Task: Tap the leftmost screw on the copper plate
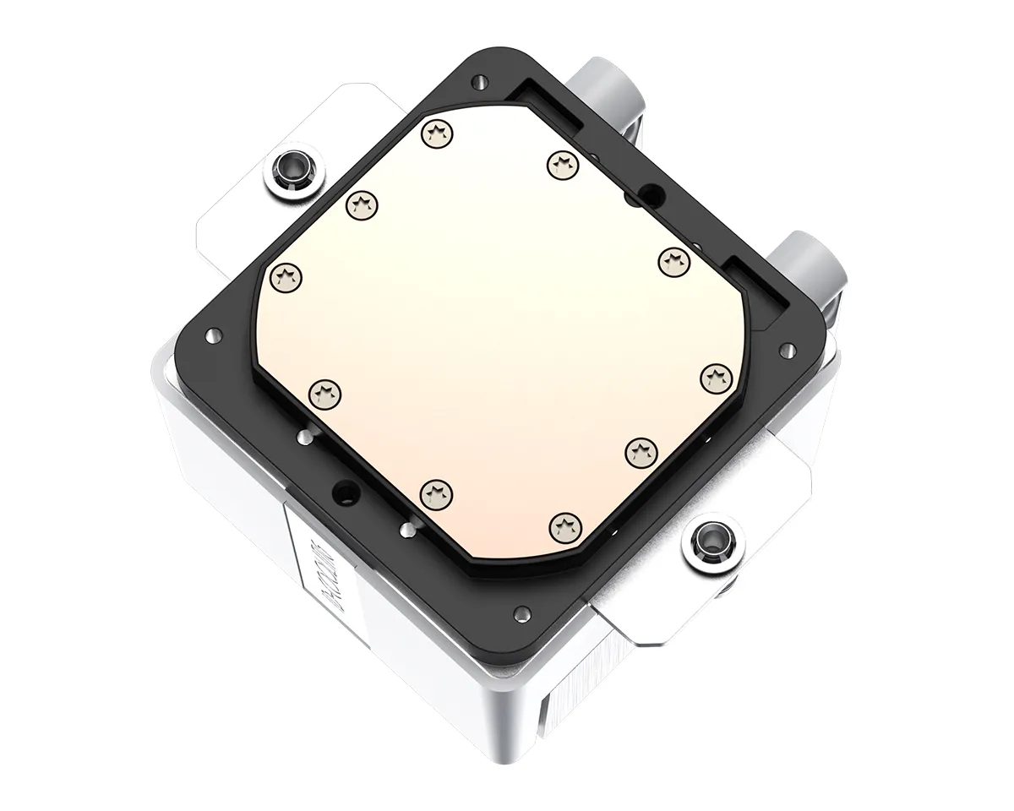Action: click(x=287, y=275)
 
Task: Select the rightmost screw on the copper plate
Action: click(x=715, y=377)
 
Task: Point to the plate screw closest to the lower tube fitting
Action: click(x=674, y=259)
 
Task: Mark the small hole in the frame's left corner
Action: click(x=209, y=335)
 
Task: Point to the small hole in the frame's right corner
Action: click(x=786, y=347)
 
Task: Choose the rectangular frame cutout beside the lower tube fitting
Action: click(x=756, y=287)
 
